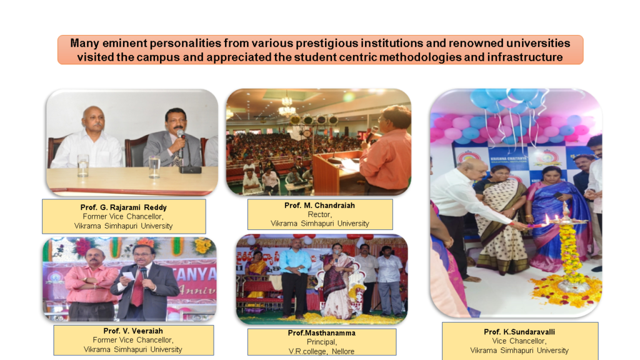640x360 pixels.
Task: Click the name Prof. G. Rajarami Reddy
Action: (123, 207)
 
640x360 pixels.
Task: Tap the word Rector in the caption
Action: (319, 214)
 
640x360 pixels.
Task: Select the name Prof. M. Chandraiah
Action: (319, 205)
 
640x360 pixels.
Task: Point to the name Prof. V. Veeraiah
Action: (133, 331)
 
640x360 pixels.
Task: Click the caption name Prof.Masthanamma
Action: (322, 332)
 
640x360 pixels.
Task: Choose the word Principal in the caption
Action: (322, 342)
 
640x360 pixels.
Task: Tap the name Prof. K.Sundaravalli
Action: (519, 332)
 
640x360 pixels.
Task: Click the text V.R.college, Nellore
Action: (322, 351)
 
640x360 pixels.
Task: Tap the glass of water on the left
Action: (83, 165)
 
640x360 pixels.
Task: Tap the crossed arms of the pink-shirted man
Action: (93, 281)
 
